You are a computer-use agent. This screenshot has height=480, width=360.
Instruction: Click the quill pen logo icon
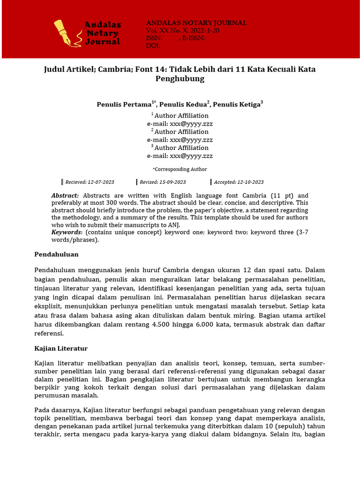(x=65, y=33)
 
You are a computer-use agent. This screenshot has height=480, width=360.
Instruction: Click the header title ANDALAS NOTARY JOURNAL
(x=196, y=23)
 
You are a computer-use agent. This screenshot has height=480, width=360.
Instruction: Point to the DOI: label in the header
(x=153, y=46)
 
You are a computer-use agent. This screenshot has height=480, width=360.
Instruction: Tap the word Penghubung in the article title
(x=180, y=79)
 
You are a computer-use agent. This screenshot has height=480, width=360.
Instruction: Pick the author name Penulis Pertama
(x=124, y=105)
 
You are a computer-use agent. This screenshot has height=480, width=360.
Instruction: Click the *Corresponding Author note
(x=180, y=169)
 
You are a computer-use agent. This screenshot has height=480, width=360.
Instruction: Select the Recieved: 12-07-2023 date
(x=90, y=182)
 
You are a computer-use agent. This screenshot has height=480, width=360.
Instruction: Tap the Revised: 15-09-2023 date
(x=163, y=182)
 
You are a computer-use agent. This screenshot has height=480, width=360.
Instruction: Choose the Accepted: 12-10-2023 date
(x=239, y=182)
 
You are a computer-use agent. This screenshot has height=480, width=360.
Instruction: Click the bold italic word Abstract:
(x=65, y=195)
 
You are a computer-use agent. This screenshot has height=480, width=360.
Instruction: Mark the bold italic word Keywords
(x=66, y=232)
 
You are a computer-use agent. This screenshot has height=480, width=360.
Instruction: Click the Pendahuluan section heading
(x=56, y=254)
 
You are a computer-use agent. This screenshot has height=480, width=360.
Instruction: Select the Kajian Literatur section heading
(x=61, y=348)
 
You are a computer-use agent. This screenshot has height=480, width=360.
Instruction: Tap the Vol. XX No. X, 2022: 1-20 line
(x=183, y=30)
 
